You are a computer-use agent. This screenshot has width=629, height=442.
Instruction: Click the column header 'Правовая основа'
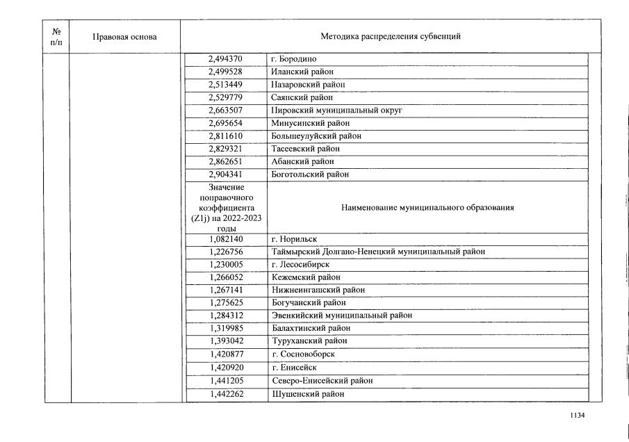[x=124, y=37]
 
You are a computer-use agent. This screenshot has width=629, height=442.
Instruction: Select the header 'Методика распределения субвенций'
[x=390, y=37]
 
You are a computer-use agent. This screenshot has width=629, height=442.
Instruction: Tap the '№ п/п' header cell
[x=57, y=37]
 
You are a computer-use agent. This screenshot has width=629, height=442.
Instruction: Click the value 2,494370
[x=225, y=59]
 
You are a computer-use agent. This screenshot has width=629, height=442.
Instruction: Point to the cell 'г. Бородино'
[x=294, y=59]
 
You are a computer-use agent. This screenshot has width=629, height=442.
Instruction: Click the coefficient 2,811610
[x=225, y=136]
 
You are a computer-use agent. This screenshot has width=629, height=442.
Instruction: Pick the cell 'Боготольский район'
[x=310, y=174]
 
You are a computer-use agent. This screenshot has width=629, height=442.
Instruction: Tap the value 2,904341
[x=225, y=174]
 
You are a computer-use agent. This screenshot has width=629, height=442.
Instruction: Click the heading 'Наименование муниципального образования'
[x=427, y=207]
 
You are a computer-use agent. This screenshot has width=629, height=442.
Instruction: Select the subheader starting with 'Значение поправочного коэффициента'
[x=225, y=207]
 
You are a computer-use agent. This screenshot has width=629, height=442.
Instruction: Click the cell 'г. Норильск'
[x=294, y=239]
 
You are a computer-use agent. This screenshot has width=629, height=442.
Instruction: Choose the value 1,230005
[x=225, y=264]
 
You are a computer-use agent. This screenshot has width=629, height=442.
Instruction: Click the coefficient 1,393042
[x=225, y=341]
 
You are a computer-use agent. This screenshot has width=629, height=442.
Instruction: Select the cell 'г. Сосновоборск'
[x=303, y=354]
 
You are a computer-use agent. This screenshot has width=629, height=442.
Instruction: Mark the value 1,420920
[x=225, y=367]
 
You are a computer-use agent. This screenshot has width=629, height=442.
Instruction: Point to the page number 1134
[x=577, y=416]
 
